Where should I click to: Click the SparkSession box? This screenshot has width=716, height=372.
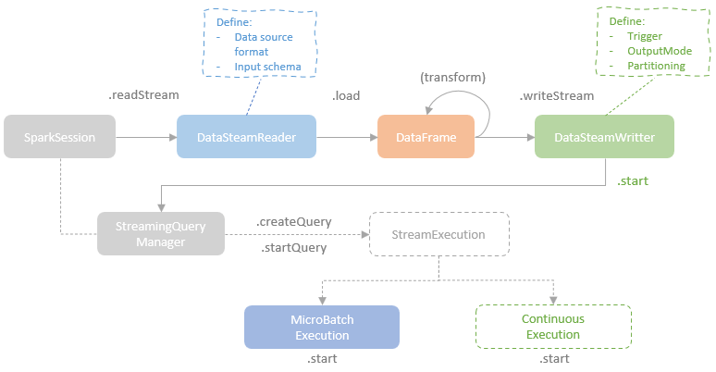point(59,137)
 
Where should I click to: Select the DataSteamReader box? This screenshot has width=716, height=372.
point(247,137)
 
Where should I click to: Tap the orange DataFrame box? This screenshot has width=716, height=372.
point(426,137)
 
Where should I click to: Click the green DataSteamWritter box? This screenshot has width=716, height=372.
point(604,137)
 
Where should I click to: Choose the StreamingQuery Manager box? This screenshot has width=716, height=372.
point(161,233)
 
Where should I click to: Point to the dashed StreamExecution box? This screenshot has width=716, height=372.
point(440,234)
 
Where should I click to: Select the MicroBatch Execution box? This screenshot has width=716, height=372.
point(322,327)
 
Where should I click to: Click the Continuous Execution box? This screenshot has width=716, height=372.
point(553,326)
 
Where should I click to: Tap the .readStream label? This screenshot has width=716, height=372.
point(143,94)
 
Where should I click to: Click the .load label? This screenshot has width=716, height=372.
point(347,94)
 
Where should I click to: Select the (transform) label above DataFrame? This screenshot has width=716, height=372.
point(452,77)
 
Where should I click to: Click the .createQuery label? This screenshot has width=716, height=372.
point(293,222)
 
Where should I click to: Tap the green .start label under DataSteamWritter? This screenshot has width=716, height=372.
point(633,181)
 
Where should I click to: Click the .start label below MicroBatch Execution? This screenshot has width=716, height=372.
point(321,359)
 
